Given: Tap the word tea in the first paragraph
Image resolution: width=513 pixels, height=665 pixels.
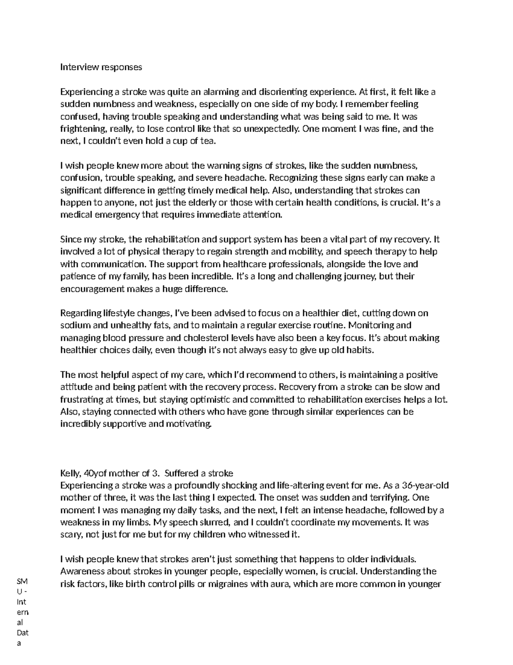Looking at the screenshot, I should point(205,141).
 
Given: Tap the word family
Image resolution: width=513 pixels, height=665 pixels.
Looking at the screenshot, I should point(133,277).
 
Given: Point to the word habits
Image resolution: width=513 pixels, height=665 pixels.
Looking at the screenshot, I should point(360,350).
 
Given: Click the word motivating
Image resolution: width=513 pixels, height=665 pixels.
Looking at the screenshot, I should point(191,424).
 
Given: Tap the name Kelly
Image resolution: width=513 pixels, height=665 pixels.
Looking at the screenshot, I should point(70,473).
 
